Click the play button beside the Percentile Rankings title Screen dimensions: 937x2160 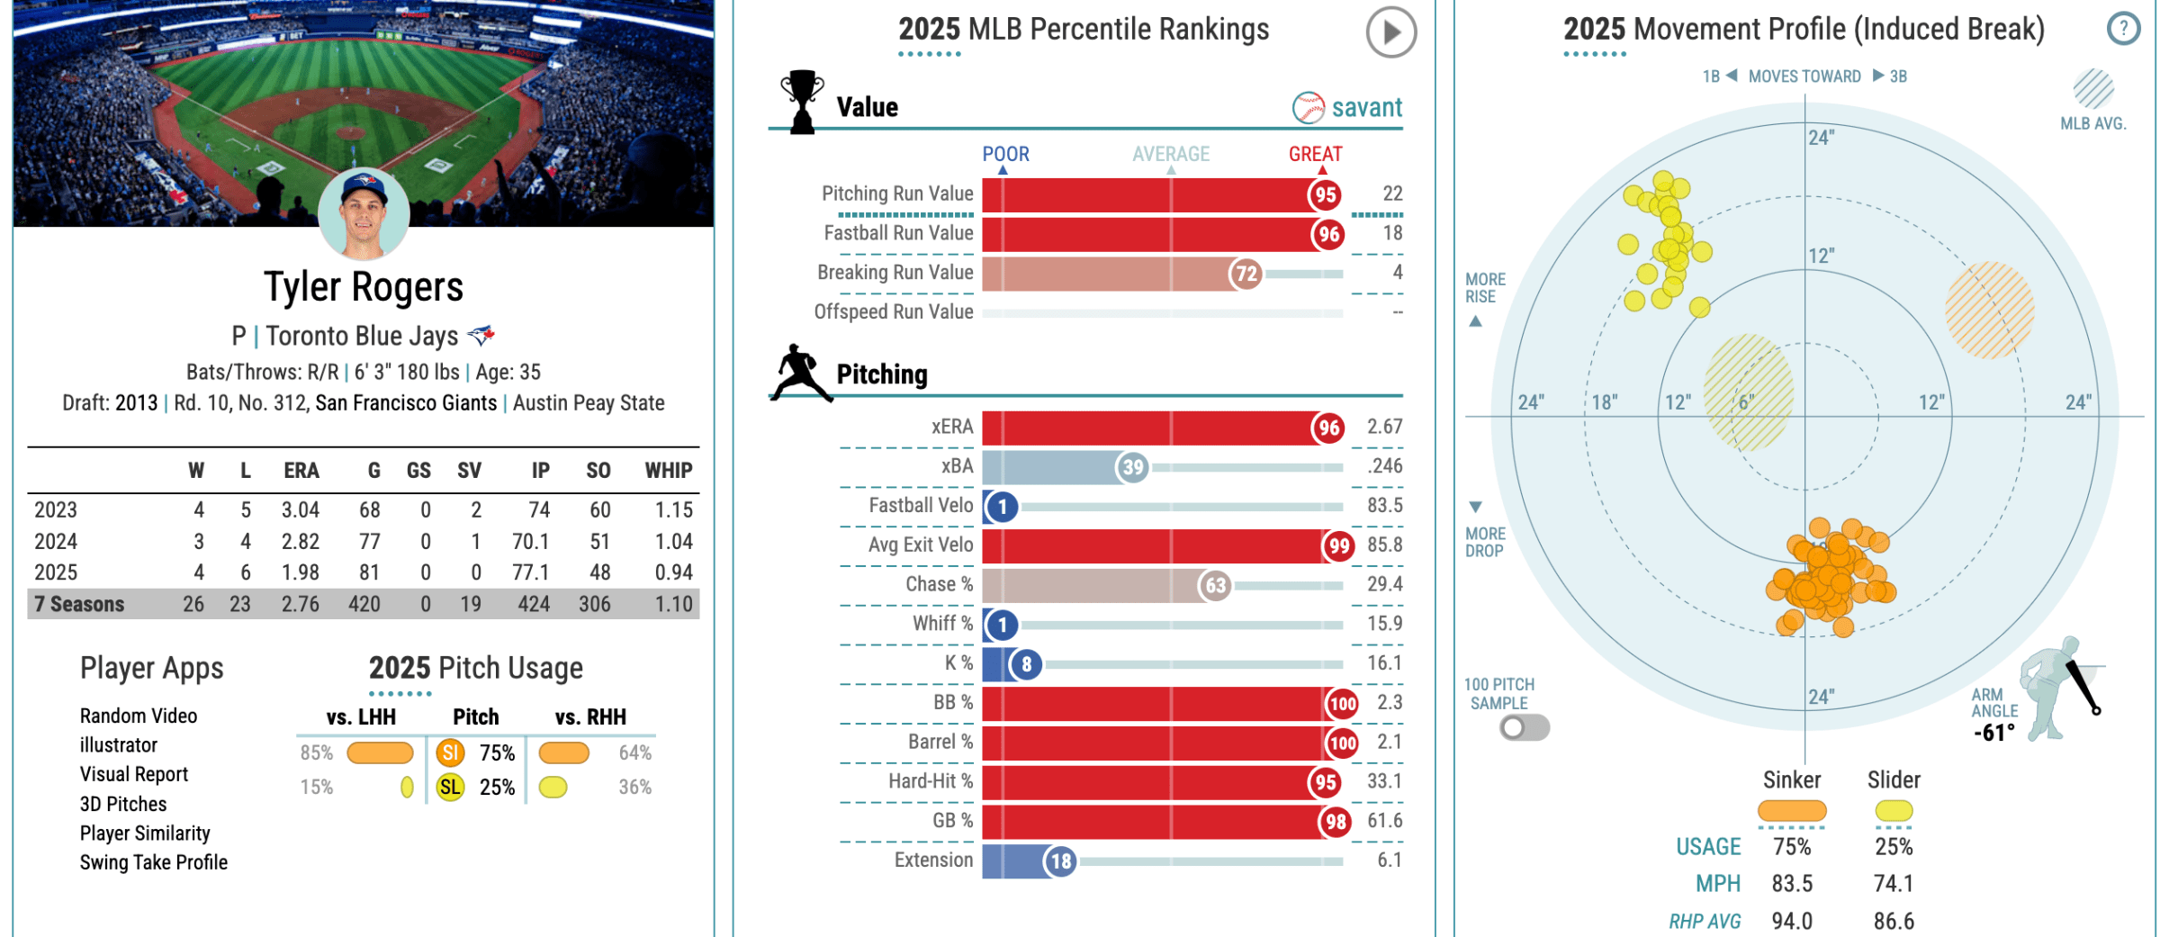[x=1390, y=32]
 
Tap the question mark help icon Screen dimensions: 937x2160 [x=2123, y=29]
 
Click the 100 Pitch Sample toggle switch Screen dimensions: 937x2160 [x=1524, y=727]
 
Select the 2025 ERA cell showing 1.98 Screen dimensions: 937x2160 [x=300, y=572]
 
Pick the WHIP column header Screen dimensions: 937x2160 [x=668, y=471]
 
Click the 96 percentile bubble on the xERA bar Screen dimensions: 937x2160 [x=1328, y=428]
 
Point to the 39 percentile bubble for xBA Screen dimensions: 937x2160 [x=1132, y=467]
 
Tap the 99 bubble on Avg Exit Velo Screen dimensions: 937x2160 [x=1339, y=545]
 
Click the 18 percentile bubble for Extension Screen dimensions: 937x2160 [x=1061, y=861]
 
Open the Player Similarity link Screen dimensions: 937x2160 [x=145, y=833]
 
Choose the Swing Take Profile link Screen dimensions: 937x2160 [x=154, y=862]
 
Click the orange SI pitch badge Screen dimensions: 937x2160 [x=450, y=752]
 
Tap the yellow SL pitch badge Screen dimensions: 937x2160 [x=450, y=788]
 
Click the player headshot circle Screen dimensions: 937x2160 [x=364, y=214]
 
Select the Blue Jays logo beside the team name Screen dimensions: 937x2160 [x=481, y=336]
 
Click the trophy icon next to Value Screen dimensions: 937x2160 [x=801, y=102]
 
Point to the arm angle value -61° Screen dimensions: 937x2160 [x=1993, y=734]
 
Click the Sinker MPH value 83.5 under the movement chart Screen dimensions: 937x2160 [x=1792, y=884]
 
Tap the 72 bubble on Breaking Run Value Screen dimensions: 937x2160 [x=1246, y=274]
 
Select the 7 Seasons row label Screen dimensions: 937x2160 [x=79, y=604]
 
